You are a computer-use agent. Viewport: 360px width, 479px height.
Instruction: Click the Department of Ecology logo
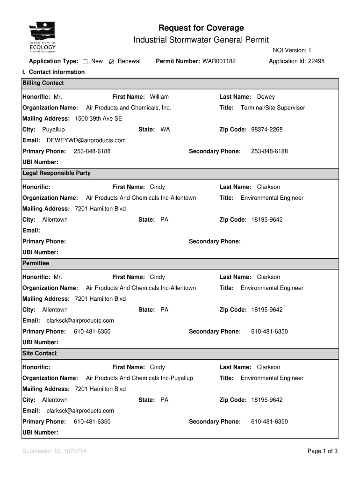(43, 38)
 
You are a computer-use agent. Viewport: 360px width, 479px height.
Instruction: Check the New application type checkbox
(85, 62)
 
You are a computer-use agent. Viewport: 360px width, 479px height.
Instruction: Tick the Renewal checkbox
(111, 62)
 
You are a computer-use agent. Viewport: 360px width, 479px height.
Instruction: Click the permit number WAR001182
(219, 61)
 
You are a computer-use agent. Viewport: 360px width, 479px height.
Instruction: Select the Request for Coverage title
(201, 28)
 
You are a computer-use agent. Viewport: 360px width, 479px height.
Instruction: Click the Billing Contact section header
(43, 83)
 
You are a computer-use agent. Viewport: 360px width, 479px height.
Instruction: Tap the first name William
(159, 97)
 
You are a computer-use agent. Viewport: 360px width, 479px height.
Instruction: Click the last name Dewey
(266, 97)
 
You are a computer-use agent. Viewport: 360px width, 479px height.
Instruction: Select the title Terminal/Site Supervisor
(273, 108)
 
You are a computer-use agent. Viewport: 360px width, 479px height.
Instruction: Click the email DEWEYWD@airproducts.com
(86, 140)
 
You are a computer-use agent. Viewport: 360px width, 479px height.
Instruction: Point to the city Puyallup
(53, 130)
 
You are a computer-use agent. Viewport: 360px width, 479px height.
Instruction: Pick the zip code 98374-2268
(267, 130)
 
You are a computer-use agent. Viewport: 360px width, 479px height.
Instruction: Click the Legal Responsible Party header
(57, 174)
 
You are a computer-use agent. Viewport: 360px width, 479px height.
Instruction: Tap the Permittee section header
(36, 263)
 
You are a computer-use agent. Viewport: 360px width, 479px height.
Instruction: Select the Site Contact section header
(40, 354)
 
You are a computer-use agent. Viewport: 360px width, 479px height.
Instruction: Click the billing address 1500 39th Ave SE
(98, 119)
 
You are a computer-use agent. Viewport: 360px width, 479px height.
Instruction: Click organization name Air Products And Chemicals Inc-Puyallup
(139, 378)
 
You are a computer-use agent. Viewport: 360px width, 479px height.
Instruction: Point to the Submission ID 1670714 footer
(54, 451)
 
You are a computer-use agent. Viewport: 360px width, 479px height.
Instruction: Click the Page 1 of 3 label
(323, 451)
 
